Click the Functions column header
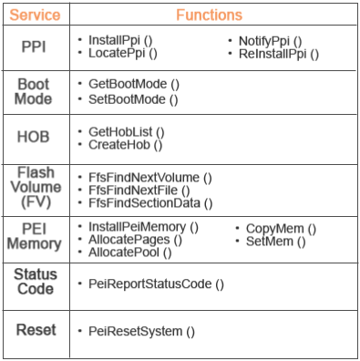(209, 15)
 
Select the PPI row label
(35, 48)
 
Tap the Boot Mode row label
(35, 91)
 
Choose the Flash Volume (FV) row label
(35, 188)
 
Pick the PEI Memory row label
(35, 235)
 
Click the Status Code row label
(35, 282)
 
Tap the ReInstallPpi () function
(278, 54)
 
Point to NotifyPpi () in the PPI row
(270, 41)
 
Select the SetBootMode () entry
(133, 98)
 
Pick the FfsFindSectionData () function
(150, 203)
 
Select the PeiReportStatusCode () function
(156, 284)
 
